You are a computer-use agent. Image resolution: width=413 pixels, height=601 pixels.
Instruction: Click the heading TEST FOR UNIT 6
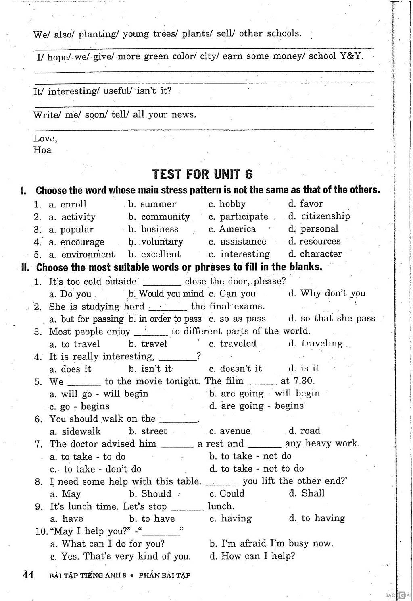(203, 174)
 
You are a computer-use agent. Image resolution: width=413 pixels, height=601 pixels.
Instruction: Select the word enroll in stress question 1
(73, 204)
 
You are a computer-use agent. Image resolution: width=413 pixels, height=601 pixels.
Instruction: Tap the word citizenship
(325, 216)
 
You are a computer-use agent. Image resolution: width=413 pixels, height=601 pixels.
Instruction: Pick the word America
(238, 229)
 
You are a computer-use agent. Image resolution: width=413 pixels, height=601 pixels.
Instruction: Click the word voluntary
(162, 242)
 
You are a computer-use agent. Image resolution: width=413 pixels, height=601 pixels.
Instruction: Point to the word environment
(88, 254)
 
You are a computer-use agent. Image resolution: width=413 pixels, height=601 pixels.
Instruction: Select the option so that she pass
(338, 318)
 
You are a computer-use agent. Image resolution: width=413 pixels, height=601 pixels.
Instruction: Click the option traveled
(238, 344)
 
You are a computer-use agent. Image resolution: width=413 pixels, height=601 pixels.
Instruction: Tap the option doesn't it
(241, 369)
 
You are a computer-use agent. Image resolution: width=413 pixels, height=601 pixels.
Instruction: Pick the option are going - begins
(262, 406)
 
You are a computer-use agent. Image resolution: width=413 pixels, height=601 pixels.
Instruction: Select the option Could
(232, 493)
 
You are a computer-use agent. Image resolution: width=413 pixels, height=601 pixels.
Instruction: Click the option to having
(323, 518)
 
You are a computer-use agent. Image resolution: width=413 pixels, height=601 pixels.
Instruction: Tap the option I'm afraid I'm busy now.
(277, 543)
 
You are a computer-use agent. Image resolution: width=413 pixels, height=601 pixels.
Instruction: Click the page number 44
(28, 575)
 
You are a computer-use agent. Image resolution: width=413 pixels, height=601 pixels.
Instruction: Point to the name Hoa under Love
(42, 150)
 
